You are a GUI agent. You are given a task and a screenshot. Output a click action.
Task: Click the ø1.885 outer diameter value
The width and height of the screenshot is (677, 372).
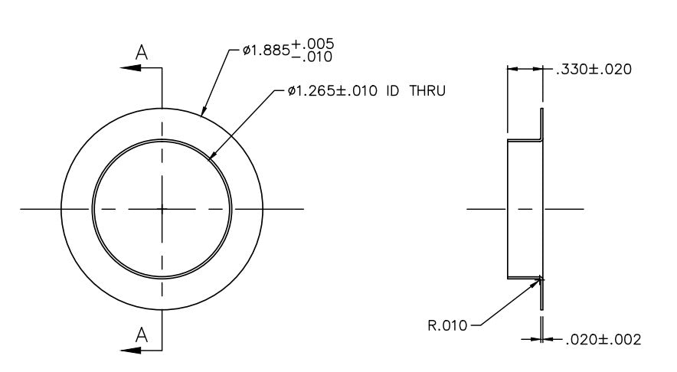266,51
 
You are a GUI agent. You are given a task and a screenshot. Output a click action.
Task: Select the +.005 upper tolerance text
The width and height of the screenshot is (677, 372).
312,44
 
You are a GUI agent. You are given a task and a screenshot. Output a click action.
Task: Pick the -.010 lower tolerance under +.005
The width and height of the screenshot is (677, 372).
312,57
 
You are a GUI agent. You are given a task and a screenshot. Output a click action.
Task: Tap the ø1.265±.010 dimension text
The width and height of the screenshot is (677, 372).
332,91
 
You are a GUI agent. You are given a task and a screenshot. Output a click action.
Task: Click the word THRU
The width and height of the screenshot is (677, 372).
427,91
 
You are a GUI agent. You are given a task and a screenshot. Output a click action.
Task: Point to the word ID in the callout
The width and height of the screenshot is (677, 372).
392,91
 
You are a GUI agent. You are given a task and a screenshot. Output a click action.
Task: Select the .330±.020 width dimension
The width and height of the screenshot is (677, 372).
594,69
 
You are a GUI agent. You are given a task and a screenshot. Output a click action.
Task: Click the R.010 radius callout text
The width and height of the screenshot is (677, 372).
447,325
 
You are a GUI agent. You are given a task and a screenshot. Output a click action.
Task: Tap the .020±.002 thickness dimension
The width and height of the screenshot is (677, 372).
603,340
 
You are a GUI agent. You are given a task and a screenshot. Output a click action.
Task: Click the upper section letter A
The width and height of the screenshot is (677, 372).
142,53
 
